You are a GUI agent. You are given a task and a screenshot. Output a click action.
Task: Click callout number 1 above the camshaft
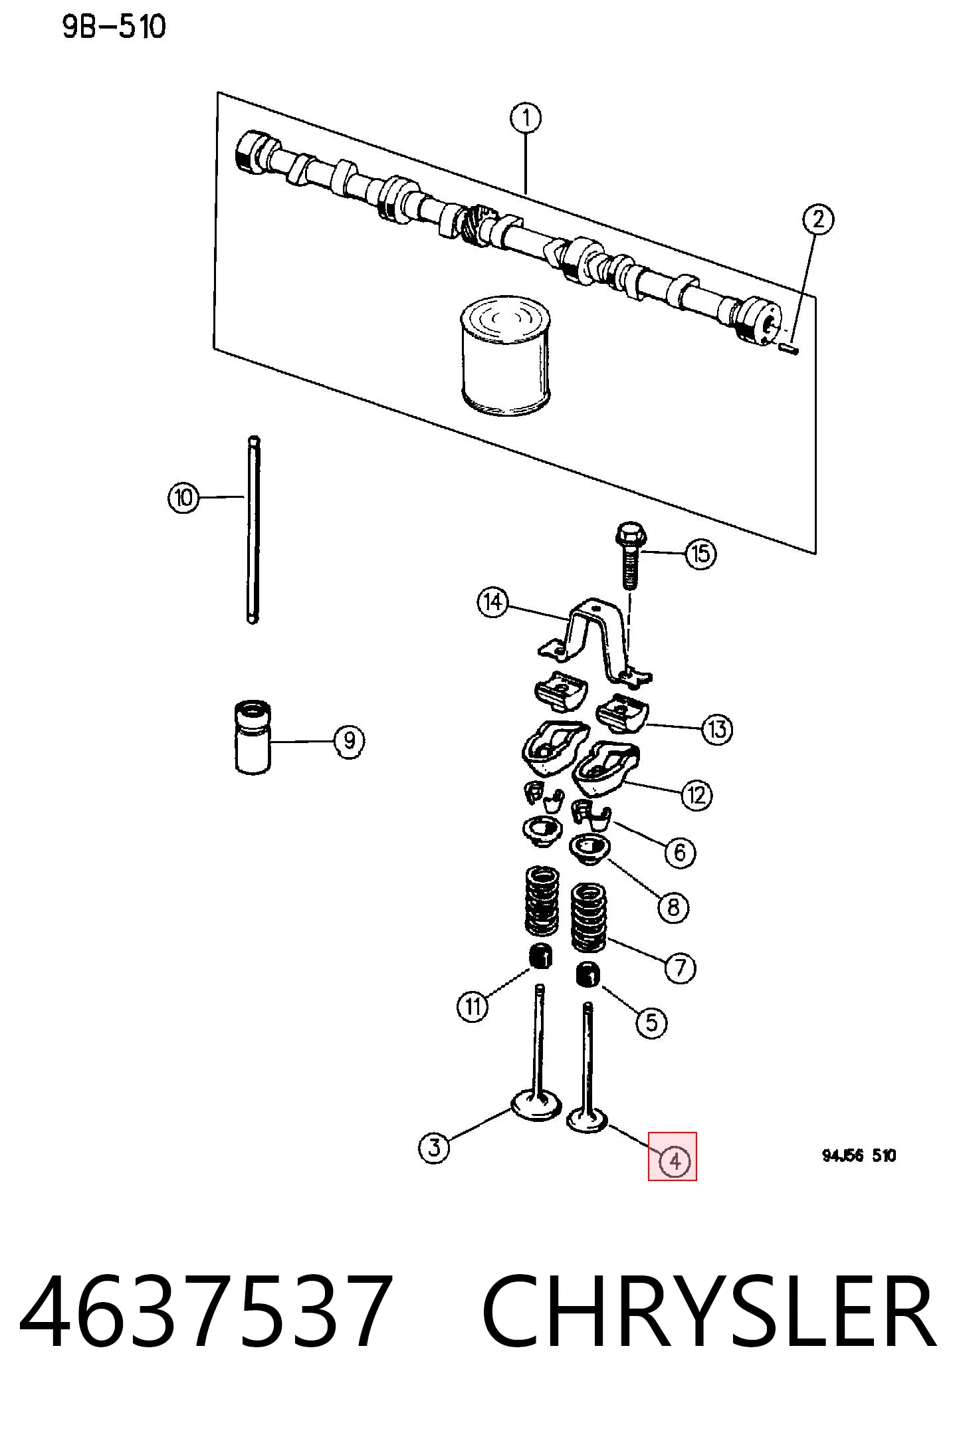[526, 119]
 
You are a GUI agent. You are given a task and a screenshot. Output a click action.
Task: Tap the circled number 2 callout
[818, 219]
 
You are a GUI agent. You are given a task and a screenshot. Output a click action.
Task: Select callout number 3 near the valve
[435, 1147]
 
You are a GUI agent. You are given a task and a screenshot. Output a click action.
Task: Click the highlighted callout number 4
[674, 1161]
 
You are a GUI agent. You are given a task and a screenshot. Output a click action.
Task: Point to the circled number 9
[349, 740]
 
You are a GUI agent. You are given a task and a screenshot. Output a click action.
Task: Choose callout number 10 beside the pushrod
[183, 497]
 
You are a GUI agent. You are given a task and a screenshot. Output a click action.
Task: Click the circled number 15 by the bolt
[701, 553]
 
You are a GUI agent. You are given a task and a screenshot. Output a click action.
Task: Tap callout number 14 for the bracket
[492, 603]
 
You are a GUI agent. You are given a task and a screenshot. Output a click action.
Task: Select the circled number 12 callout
[696, 795]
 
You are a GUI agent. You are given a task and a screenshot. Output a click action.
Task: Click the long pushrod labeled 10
[253, 530]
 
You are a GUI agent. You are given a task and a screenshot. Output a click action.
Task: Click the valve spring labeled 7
[589, 917]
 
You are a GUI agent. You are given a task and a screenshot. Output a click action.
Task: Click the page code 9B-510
[114, 28]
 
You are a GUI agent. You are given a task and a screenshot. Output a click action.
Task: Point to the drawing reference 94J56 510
[859, 1155]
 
